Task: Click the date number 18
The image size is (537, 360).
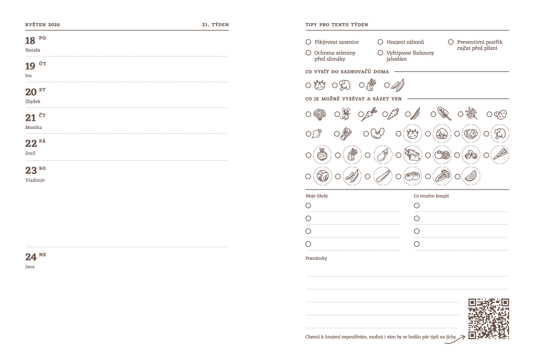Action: (x=30, y=41)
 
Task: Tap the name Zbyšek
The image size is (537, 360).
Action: (x=33, y=101)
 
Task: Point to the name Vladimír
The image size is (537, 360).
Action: (x=34, y=179)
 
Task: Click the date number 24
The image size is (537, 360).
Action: (x=30, y=257)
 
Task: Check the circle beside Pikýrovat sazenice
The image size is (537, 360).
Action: (x=308, y=42)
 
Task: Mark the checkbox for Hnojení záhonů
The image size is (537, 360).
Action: (x=380, y=42)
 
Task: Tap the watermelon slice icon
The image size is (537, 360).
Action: (x=470, y=176)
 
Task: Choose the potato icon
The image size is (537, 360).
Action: (x=501, y=113)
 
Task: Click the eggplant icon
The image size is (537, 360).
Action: (x=382, y=155)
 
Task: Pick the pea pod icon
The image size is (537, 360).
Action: (x=415, y=113)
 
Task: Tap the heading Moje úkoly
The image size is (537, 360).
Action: (x=316, y=196)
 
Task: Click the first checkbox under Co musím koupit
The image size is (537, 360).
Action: (x=417, y=205)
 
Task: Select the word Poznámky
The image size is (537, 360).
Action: (x=316, y=258)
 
